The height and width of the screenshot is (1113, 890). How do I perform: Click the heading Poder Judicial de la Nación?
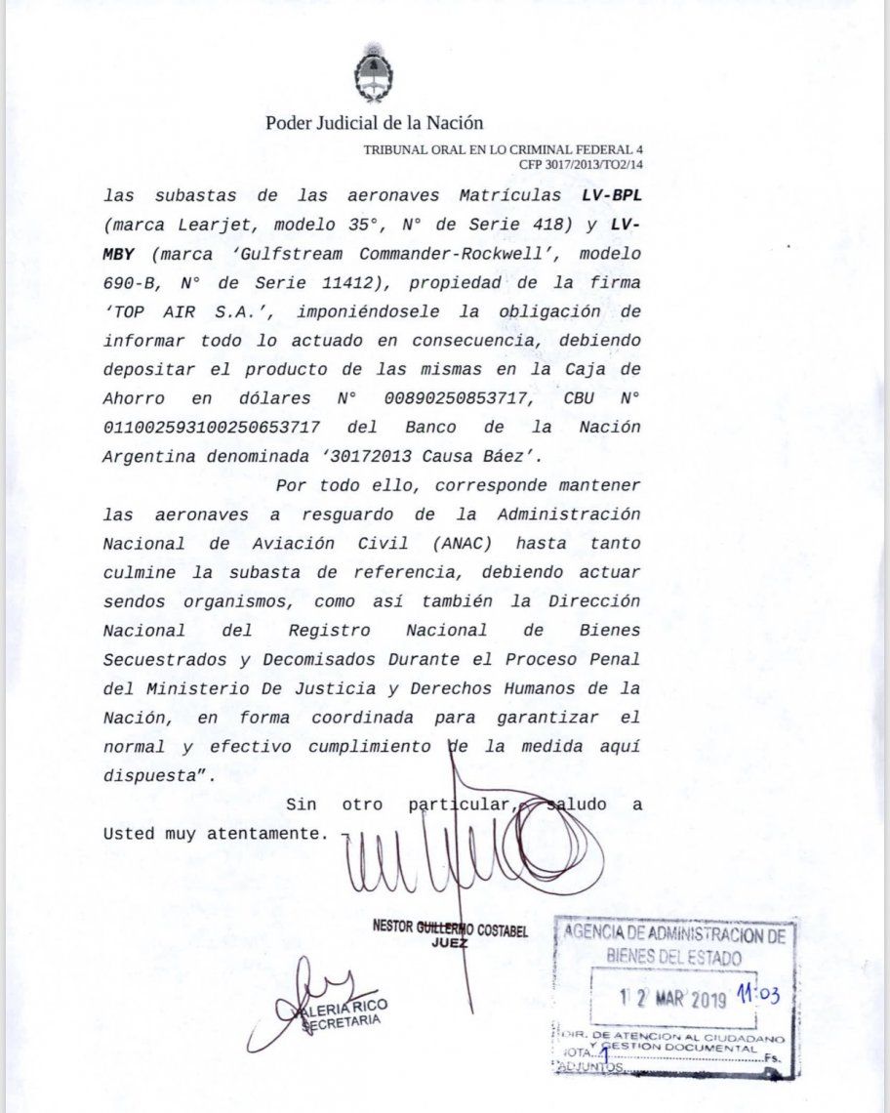[x=374, y=123]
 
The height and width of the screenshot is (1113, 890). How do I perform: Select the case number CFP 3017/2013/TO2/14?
[x=581, y=165]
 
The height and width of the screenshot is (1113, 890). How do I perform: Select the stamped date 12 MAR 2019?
[x=674, y=1000]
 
